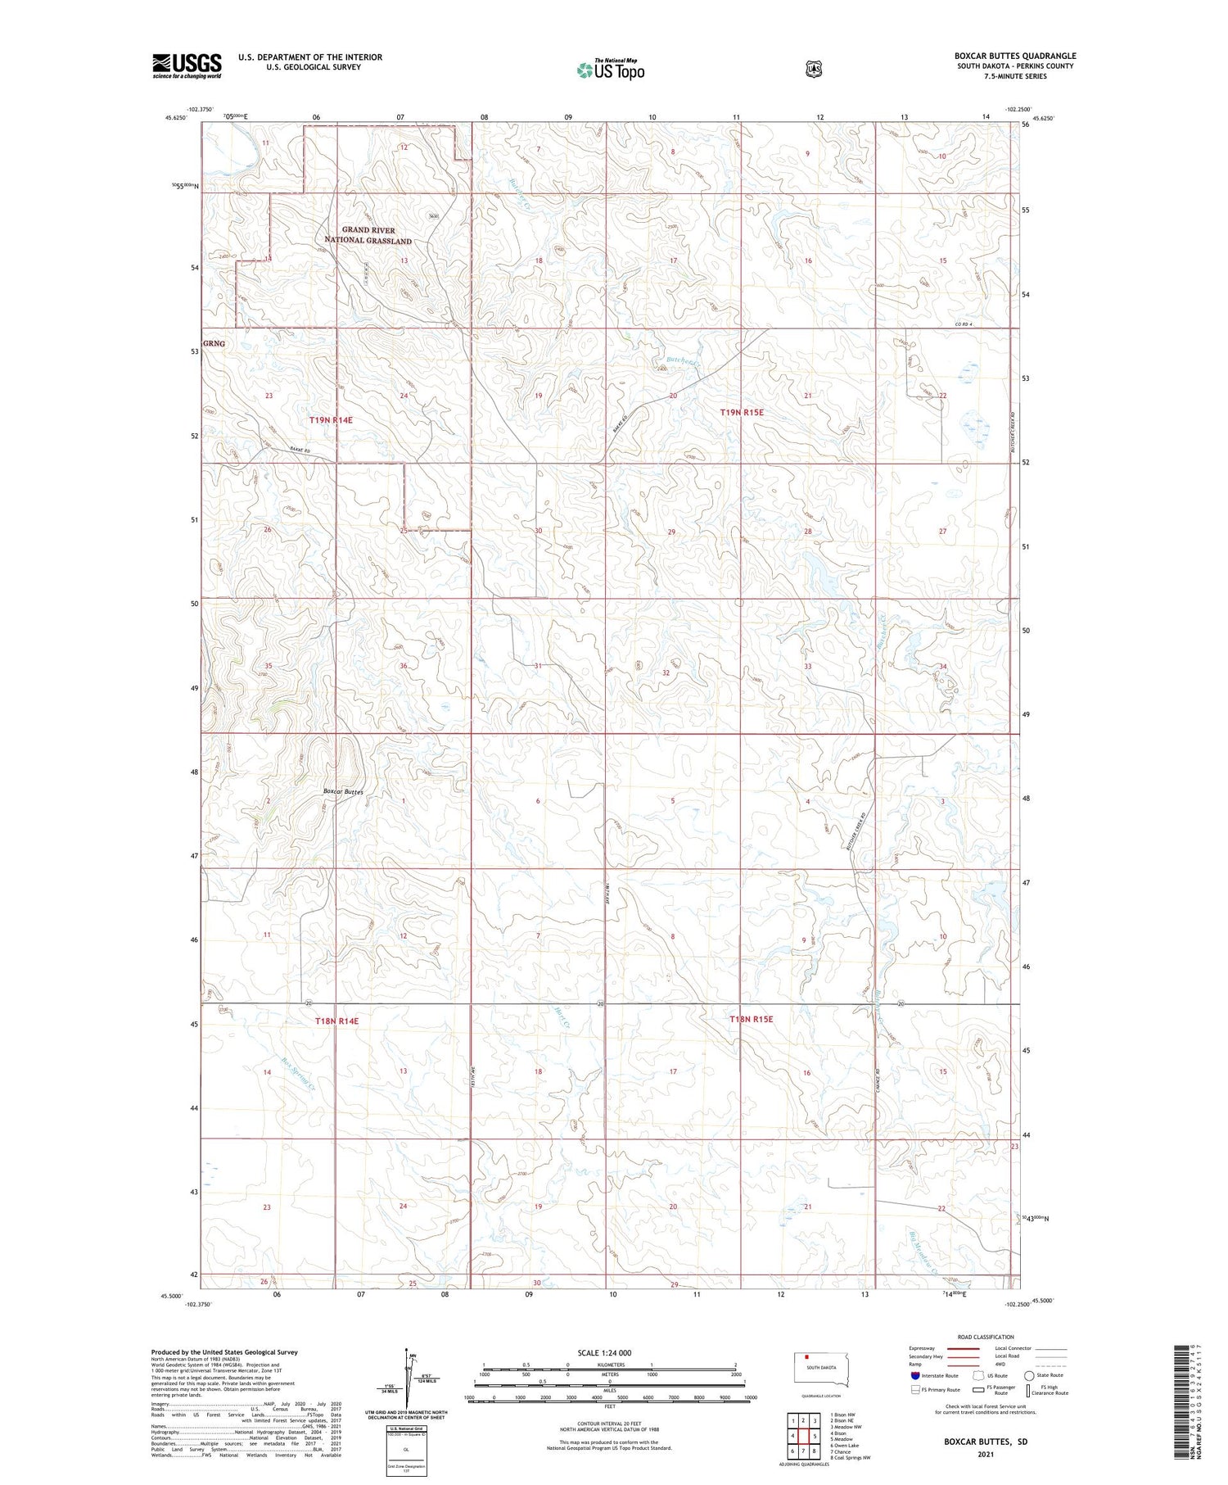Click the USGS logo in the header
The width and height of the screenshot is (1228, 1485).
(187, 66)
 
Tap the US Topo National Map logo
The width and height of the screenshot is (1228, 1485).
(611, 70)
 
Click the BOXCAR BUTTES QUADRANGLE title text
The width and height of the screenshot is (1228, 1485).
(1014, 56)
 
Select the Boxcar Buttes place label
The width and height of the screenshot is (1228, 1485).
(342, 792)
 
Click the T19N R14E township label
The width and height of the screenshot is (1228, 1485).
(331, 420)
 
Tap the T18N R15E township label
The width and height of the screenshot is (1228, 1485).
(751, 1020)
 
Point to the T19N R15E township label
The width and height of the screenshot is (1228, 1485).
(742, 413)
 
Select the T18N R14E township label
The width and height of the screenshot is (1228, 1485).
(336, 1021)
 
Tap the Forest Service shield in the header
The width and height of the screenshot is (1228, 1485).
(813, 69)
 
